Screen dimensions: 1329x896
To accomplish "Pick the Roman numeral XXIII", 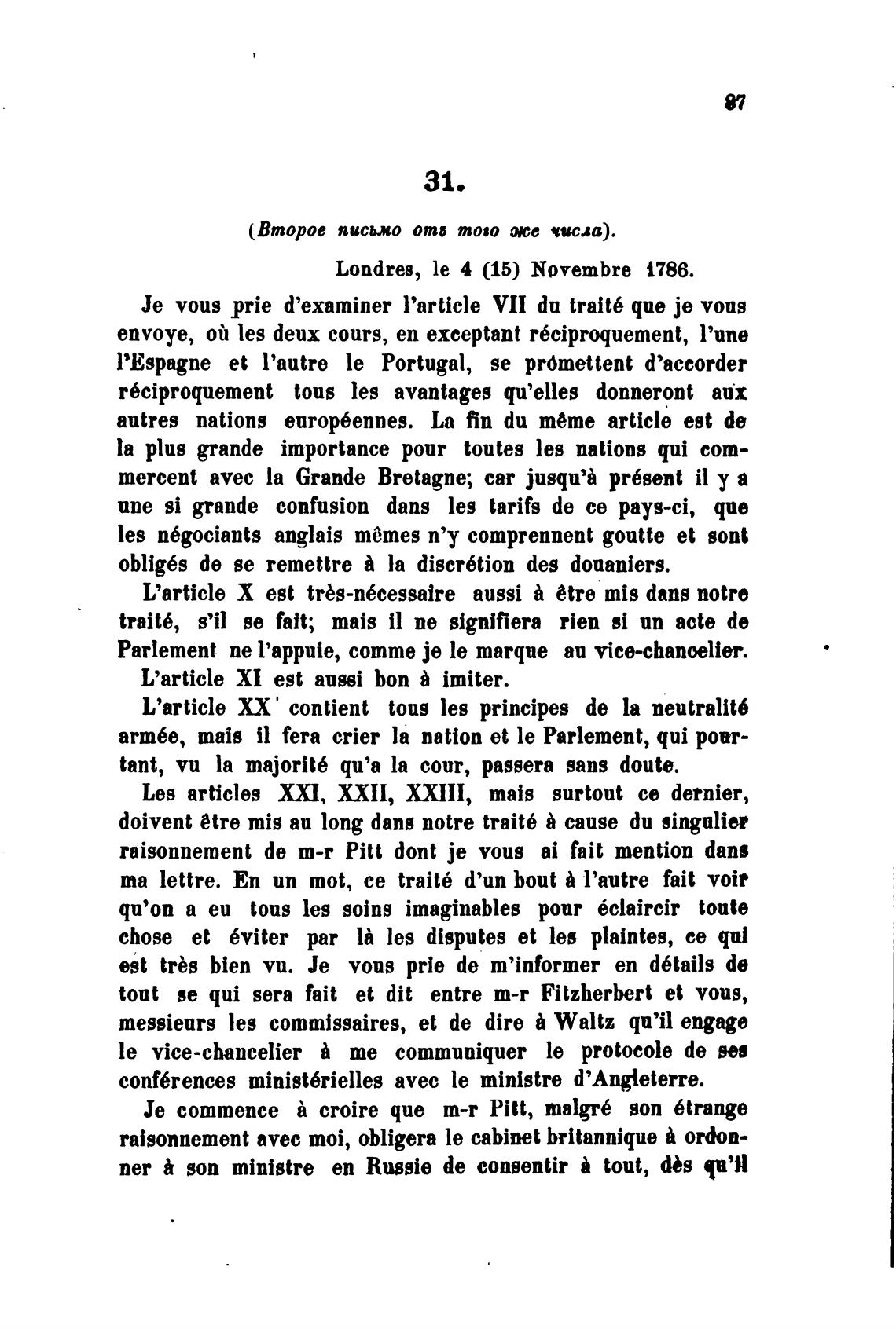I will point(437,793).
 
